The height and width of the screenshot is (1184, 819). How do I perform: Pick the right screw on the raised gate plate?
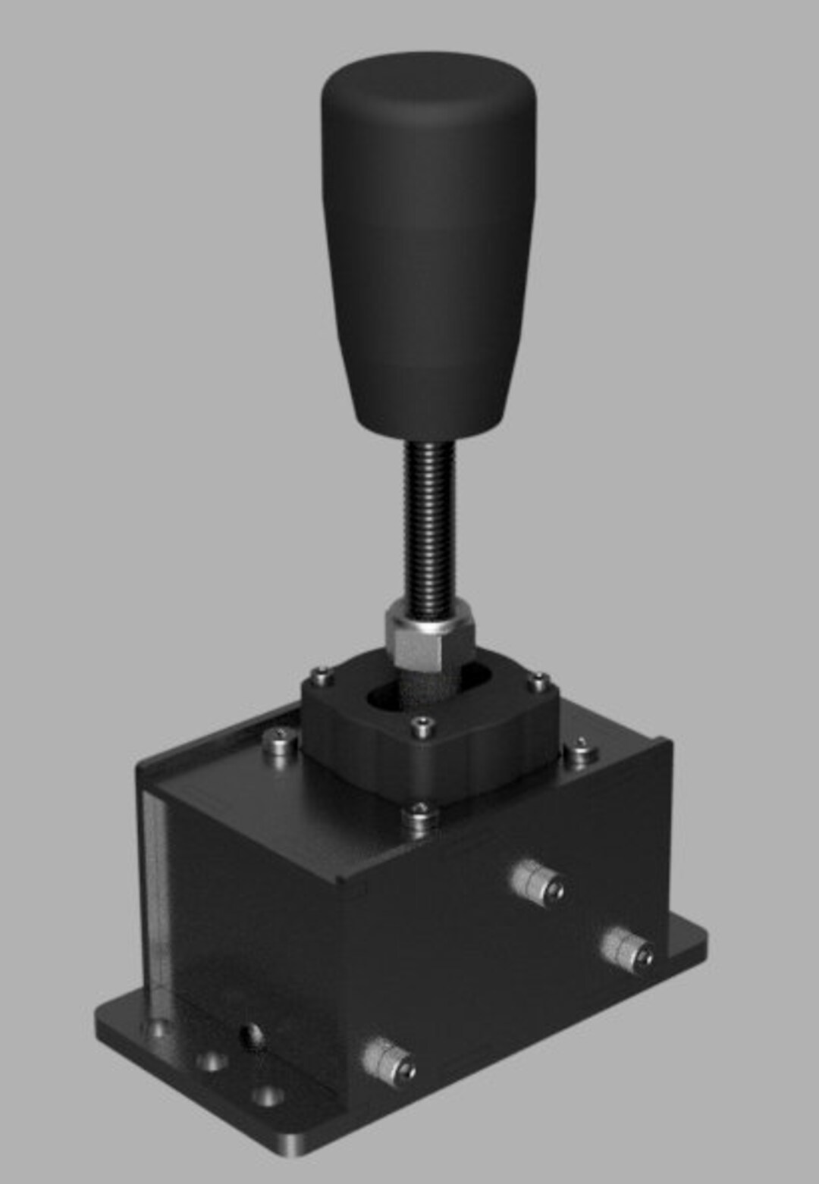(x=538, y=682)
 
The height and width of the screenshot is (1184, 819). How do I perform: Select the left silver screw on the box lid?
(x=279, y=738)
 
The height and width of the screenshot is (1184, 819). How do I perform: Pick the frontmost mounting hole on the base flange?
(x=265, y=1098)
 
